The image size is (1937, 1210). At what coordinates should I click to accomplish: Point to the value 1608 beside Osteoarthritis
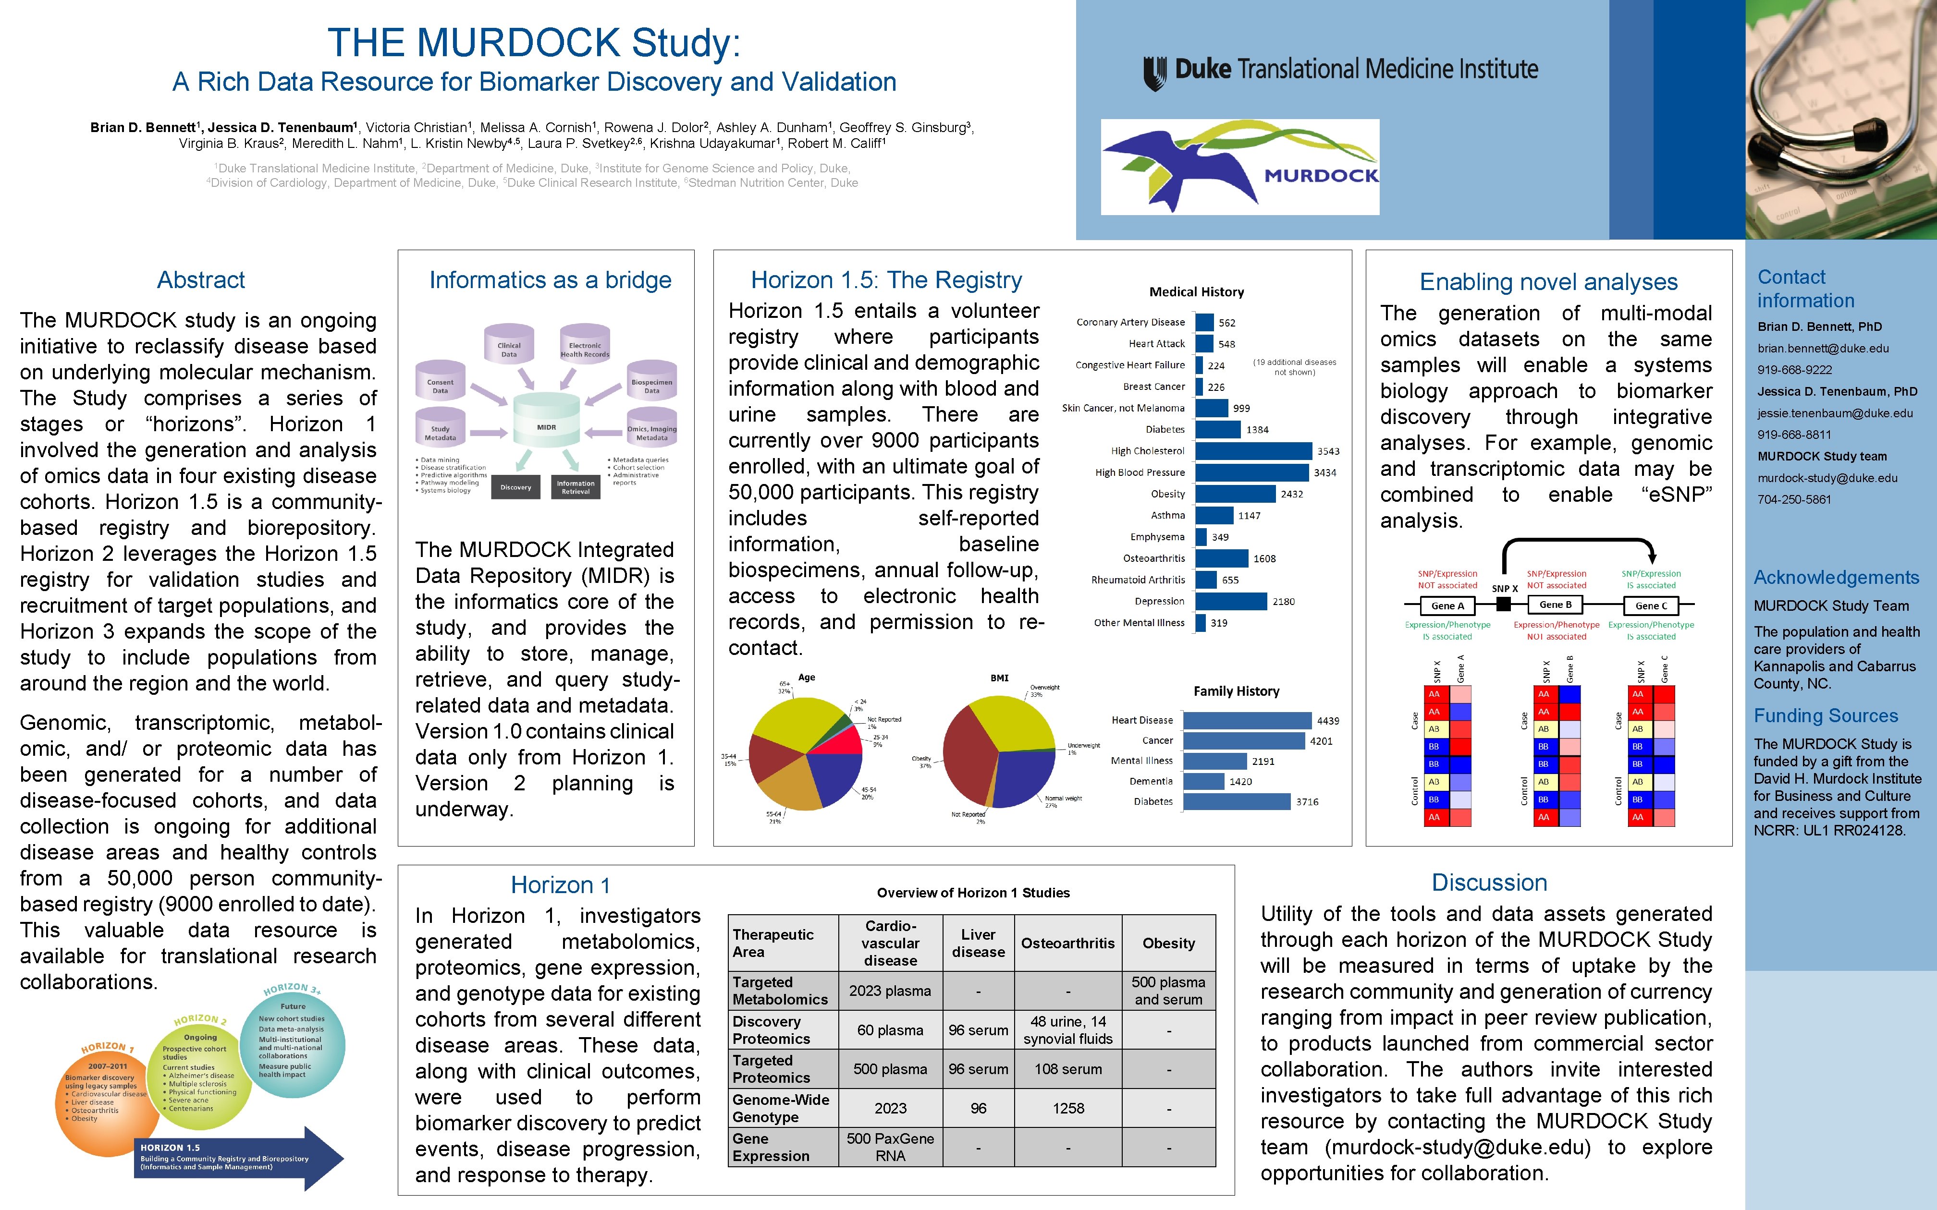pos(1264,558)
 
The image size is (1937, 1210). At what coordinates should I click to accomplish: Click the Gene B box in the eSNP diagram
pos(1555,605)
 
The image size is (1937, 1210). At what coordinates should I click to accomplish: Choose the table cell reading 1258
pos(1068,1108)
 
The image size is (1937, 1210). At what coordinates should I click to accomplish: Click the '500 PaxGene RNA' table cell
pos(890,1147)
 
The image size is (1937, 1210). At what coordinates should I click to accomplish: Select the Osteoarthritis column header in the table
pos(1068,944)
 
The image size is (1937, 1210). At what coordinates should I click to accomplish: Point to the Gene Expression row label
pos(771,1147)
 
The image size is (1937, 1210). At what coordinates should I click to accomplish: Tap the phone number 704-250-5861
pos(1794,499)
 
